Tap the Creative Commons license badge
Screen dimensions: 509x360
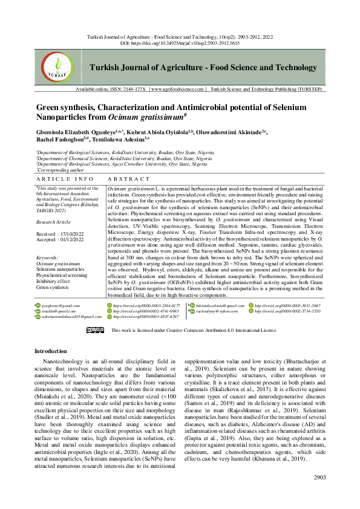tap(96, 331)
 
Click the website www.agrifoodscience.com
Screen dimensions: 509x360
tap(177, 106)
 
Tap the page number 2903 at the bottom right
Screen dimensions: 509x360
tap(319, 478)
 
